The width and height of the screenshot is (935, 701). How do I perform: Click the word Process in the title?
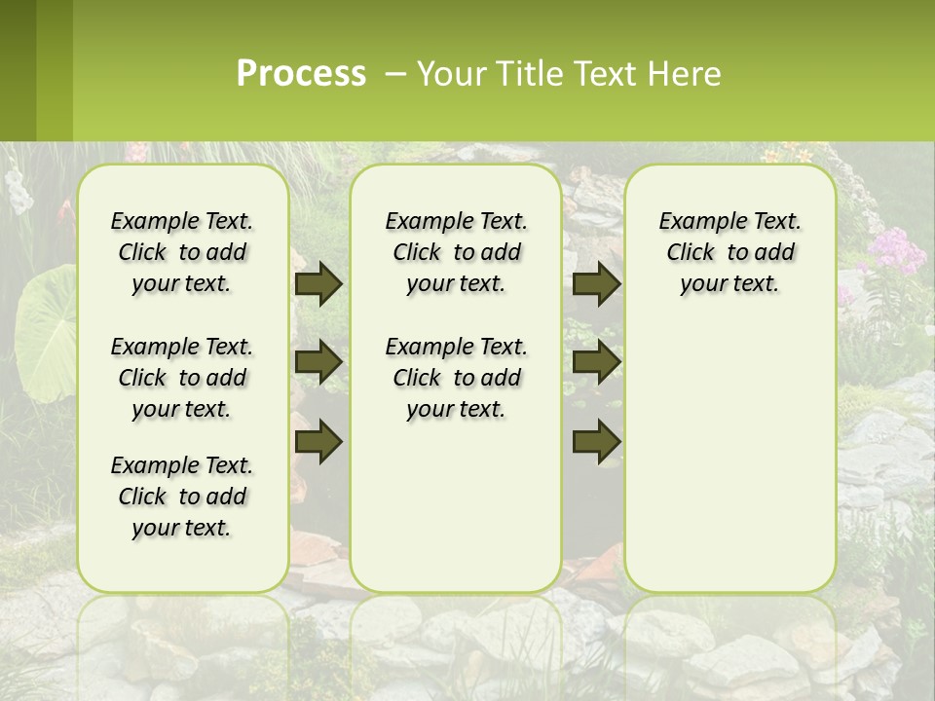tap(301, 74)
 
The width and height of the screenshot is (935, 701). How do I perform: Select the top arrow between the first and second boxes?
tap(318, 284)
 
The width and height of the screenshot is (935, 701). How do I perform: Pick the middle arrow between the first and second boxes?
tap(318, 362)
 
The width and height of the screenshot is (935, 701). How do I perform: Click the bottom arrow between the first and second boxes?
tap(318, 441)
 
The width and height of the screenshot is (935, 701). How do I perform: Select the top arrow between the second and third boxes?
tap(596, 284)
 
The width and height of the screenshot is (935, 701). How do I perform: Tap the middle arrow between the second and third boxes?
tap(596, 362)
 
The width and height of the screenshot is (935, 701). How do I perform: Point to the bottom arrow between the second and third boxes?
tap(596, 441)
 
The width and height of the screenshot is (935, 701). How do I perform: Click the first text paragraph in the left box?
tap(182, 252)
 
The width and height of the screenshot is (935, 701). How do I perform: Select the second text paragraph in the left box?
tap(182, 378)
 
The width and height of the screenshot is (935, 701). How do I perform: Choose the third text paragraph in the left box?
tap(182, 497)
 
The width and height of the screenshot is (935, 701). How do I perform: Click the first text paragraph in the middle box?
tap(456, 252)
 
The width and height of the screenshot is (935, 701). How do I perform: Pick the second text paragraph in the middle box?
tap(456, 378)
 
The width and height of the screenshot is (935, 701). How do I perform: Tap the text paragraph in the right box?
tap(729, 252)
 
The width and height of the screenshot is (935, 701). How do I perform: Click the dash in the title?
tap(394, 74)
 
